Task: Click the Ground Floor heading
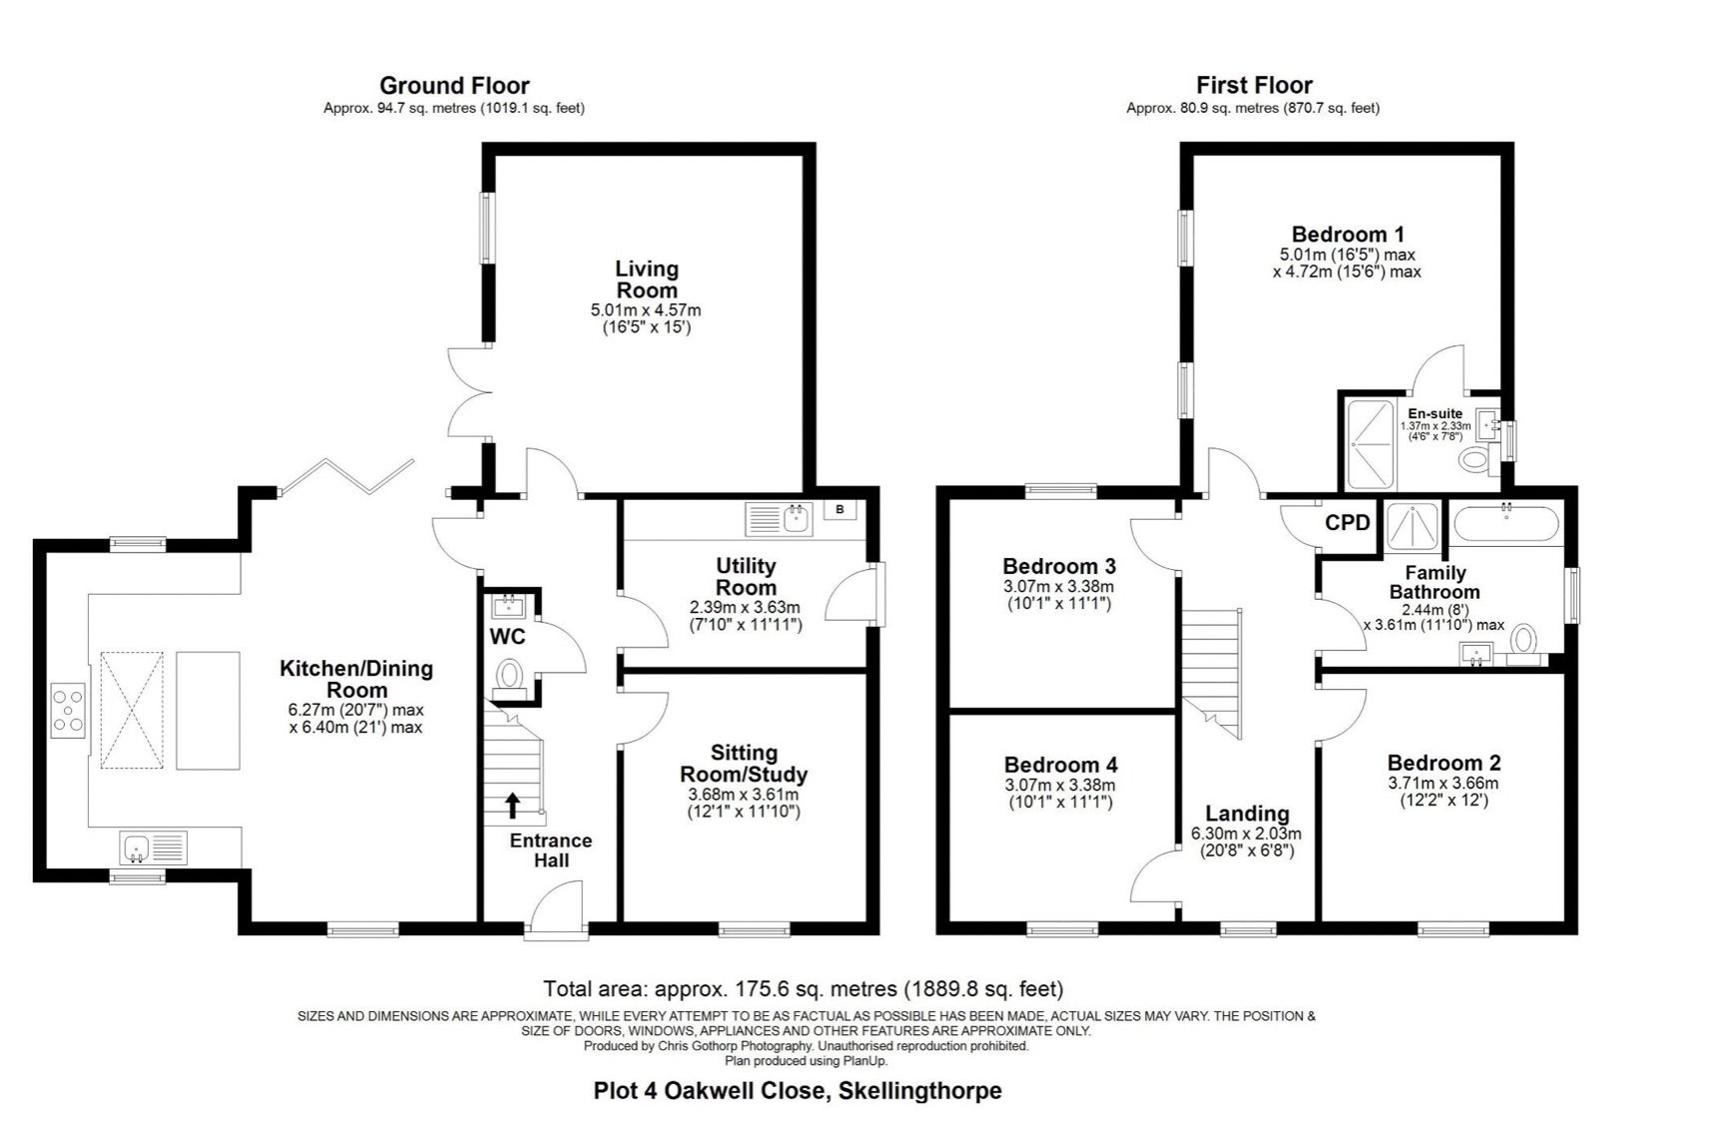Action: pyautogui.click(x=454, y=86)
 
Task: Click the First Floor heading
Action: pyautogui.click(x=1254, y=86)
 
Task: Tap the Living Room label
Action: pyautogui.click(x=647, y=280)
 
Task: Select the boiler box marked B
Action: pyautogui.click(x=841, y=510)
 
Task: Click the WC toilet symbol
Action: pyautogui.click(x=509, y=675)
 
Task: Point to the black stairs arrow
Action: pyautogui.click(x=513, y=806)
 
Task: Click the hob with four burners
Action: pyautogui.click(x=68, y=711)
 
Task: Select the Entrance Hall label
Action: pyautogui.click(x=551, y=850)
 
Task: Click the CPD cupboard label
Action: pyautogui.click(x=1348, y=522)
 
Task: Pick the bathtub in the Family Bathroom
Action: pyautogui.click(x=1506, y=523)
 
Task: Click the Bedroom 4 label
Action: pyautogui.click(x=1060, y=765)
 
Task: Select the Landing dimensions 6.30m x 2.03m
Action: pyautogui.click(x=1246, y=834)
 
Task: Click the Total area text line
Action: pyautogui.click(x=804, y=989)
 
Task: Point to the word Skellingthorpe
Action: pyautogui.click(x=919, y=1091)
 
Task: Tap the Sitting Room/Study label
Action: pyautogui.click(x=744, y=764)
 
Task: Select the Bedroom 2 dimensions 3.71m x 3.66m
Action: pyautogui.click(x=1442, y=784)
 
